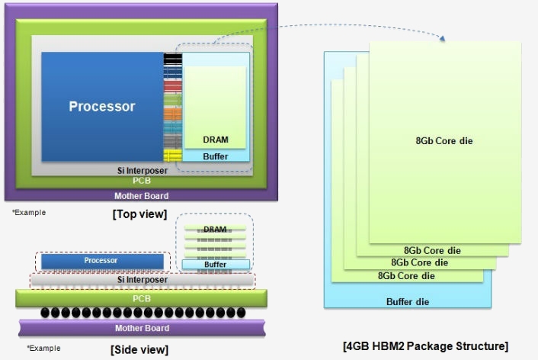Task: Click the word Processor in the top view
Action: pyautogui.click(x=102, y=106)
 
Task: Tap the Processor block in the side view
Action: pyautogui.click(x=102, y=262)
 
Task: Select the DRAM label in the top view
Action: pyautogui.click(x=216, y=140)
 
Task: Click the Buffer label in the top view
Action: pyautogui.click(x=216, y=156)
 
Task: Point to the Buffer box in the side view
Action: pyautogui.click(x=216, y=264)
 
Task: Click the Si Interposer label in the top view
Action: pyautogui.click(x=143, y=170)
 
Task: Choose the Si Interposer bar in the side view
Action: pyautogui.click(x=143, y=280)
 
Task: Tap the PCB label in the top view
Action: pyautogui.click(x=142, y=181)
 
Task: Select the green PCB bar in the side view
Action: pyautogui.click(x=142, y=298)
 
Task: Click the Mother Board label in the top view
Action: pyautogui.click(x=142, y=196)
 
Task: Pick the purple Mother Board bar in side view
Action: pyautogui.click(x=142, y=328)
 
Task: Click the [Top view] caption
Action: pyautogui.click(x=139, y=214)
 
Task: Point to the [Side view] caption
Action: pyautogui.click(x=139, y=349)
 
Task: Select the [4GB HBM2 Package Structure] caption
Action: pyautogui.click(x=425, y=346)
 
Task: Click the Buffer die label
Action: pyautogui.click(x=408, y=302)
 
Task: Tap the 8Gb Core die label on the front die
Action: pyautogui.click(x=444, y=141)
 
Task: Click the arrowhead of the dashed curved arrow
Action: pyautogui.click(x=442, y=38)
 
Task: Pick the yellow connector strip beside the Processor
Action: pyautogui.click(x=172, y=156)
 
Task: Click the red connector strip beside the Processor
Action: pyautogui.click(x=172, y=86)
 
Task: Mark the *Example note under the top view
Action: pyautogui.click(x=29, y=213)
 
